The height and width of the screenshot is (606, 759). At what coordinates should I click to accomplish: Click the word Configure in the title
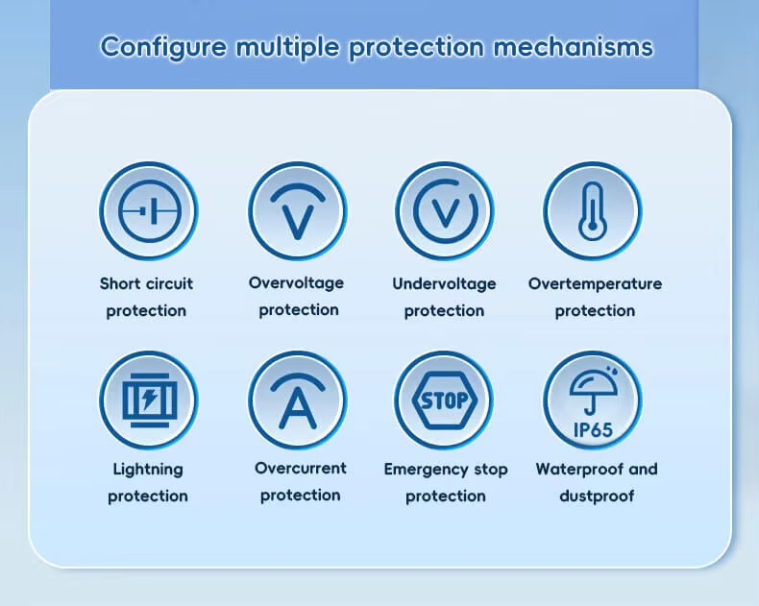(163, 47)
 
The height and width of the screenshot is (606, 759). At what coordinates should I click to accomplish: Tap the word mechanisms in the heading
(574, 47)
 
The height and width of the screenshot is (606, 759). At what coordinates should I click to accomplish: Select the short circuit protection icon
(149, 211)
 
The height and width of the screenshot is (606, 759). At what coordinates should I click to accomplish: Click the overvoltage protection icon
(297, 211)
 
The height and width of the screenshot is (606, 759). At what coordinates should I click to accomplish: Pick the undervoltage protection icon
(445, 211)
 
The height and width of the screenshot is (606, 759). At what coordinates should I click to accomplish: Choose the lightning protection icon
(149, 400)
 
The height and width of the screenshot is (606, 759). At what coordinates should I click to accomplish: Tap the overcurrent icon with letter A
(297, 400)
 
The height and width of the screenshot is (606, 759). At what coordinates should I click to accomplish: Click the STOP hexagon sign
(445, 400)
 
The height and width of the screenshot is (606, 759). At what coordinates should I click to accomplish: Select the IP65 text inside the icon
(593, 430)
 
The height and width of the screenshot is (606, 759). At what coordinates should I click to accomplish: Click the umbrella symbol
(594, 392)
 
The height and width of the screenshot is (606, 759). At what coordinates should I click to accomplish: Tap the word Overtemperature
(595, 283)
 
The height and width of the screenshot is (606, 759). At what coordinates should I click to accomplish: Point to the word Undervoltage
(444, 283)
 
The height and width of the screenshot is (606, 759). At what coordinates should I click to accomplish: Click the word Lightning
(148, 470)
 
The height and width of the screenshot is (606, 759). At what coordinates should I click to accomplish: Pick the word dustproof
(597, 496)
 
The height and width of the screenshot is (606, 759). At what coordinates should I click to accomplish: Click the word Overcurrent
(300, 468)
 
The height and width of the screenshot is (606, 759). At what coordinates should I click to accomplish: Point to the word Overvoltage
(296, 282)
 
